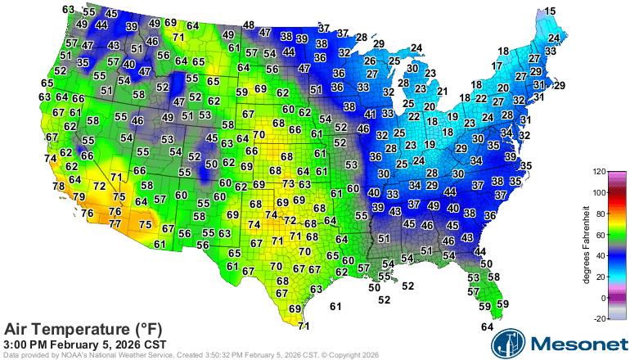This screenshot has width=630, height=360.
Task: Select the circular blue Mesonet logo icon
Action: [507, 344]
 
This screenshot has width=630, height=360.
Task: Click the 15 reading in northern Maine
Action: [551, 11]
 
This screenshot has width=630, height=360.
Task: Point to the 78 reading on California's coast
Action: [59, 187]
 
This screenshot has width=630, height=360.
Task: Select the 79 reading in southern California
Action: [79, 197]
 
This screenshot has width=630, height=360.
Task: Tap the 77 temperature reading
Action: [115, 223]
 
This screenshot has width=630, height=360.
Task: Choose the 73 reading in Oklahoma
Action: [288, 184]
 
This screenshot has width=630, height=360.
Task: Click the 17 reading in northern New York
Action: [497, 65]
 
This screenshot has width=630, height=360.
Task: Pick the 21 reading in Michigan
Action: [443, 91]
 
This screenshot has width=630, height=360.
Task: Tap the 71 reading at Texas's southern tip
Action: [304, 326]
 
